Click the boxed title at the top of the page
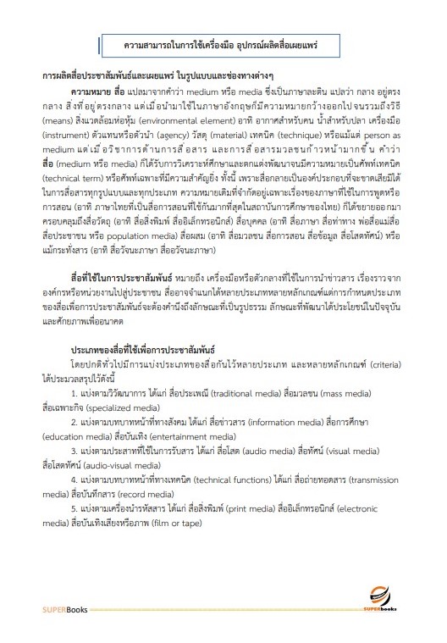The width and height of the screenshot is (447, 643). point(223,43)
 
